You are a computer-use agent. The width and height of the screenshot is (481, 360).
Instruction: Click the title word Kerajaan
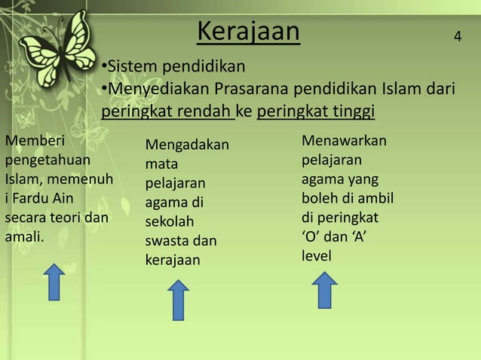[248, 32]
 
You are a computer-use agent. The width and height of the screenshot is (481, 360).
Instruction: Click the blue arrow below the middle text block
[177, 300]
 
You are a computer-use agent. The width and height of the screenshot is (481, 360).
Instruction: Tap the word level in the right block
[316, 257]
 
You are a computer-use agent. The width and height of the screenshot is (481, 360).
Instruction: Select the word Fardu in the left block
[32, 200]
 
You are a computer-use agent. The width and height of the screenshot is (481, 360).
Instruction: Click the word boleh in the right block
[320, 200]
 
